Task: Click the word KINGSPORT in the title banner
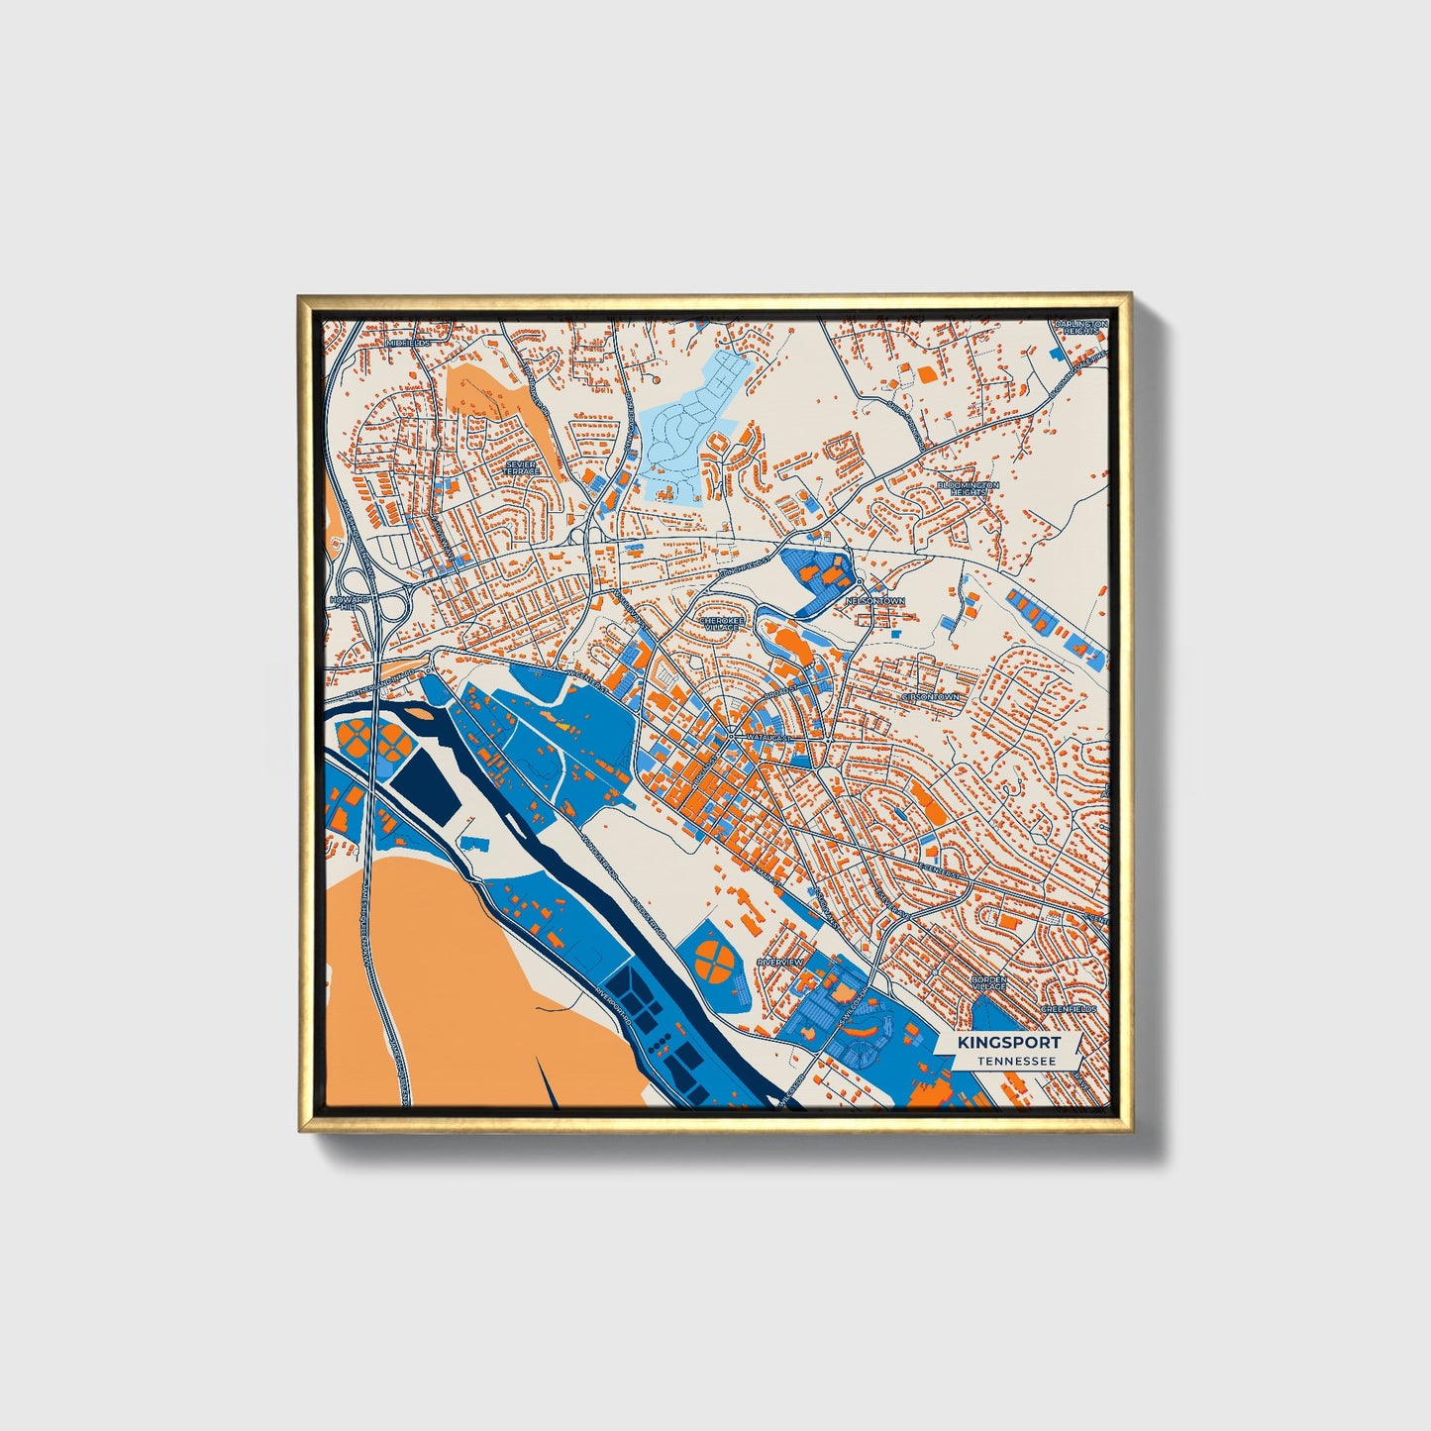[x=1008, y=1042]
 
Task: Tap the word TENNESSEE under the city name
[x=1014, y=1061]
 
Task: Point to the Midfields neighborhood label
[x=407, y=343]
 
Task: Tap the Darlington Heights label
[x=1077, y=328]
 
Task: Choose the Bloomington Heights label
[x=969, y=489]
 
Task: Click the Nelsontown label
[x=874, y=601]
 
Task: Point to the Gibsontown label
[x=930, y=697]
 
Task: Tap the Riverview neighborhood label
[x=779, y=962]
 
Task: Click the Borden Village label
[x=988, y=983]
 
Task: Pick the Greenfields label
[x=1069, y=1009]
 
